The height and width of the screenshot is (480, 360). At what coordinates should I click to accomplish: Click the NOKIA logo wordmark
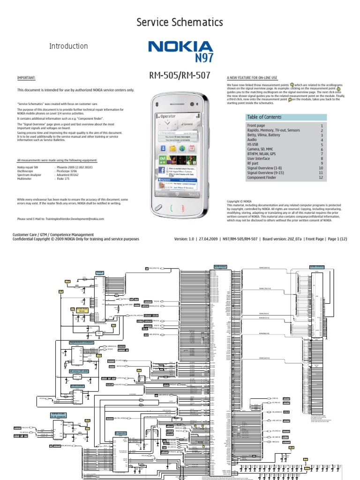coord(180,47)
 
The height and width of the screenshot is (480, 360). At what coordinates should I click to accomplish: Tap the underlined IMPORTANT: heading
coord(26,78)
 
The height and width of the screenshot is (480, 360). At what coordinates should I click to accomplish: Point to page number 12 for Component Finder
coord(321,178)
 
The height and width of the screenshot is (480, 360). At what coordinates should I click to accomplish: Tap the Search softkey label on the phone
coord(193,194)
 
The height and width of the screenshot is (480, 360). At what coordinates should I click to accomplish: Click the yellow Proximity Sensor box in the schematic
coord(80,310)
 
